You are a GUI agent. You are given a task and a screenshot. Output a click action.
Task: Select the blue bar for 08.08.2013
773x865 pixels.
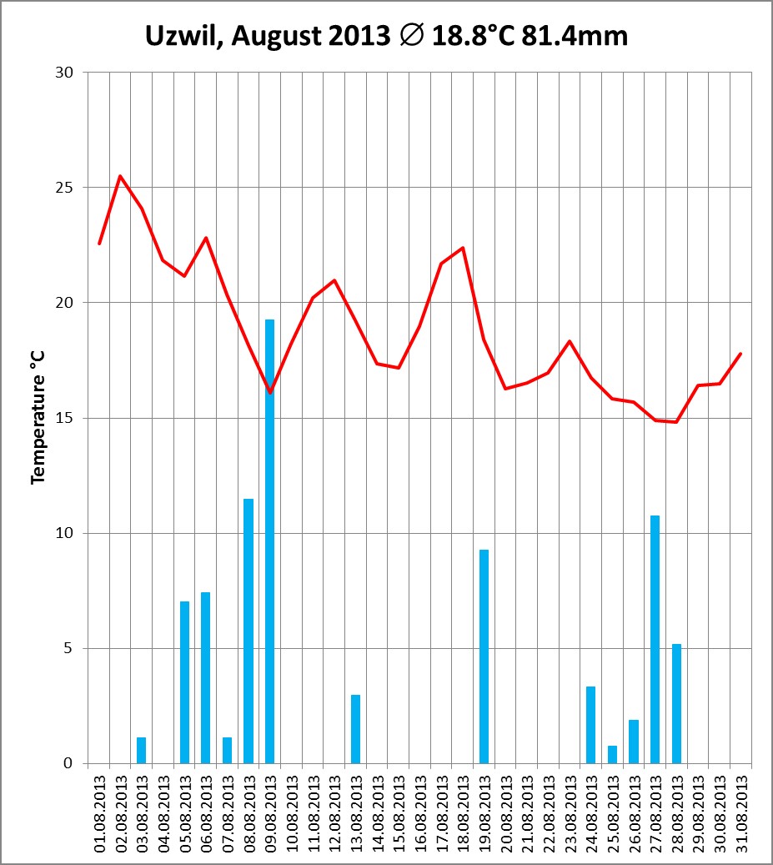click(x=248, y=631)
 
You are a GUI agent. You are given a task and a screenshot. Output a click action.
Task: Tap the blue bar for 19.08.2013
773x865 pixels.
click(x=484, y=656)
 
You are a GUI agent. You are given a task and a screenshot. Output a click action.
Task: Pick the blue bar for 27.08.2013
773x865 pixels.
click(x=655, y=639)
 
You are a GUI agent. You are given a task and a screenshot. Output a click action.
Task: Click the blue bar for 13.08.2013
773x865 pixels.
click(x=355, y=728)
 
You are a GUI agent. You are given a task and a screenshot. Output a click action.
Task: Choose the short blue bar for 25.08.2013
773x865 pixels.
click(x=612, y=754)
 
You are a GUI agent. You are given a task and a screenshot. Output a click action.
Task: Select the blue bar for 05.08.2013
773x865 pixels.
click(x=184, y=681)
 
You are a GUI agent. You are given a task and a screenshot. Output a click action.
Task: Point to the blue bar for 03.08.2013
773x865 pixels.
click(x=142, y=750)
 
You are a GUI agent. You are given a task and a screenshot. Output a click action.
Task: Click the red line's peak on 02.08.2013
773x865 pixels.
click(x=121, y=176)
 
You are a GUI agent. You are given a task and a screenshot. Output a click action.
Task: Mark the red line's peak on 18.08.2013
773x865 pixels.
click(x=463, y=248)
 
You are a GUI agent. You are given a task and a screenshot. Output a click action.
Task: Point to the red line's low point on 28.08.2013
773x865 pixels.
click(x=676, y=421)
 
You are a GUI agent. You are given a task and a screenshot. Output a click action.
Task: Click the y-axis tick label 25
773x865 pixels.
click(x=65, y=188)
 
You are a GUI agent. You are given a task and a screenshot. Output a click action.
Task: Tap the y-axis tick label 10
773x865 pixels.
click(x=65, y=533)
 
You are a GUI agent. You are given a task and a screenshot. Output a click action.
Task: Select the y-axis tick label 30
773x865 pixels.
click(x=65, y=73)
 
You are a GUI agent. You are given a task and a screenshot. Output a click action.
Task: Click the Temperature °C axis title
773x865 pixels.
click(x=38, y=418)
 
